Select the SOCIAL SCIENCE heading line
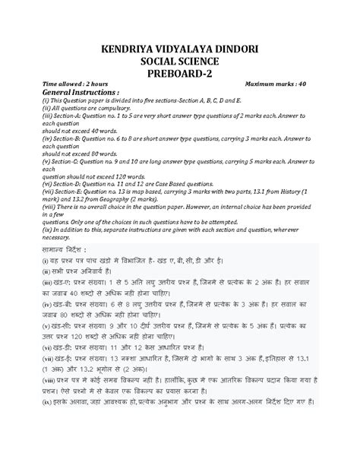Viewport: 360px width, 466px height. click(x=180, y=61)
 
